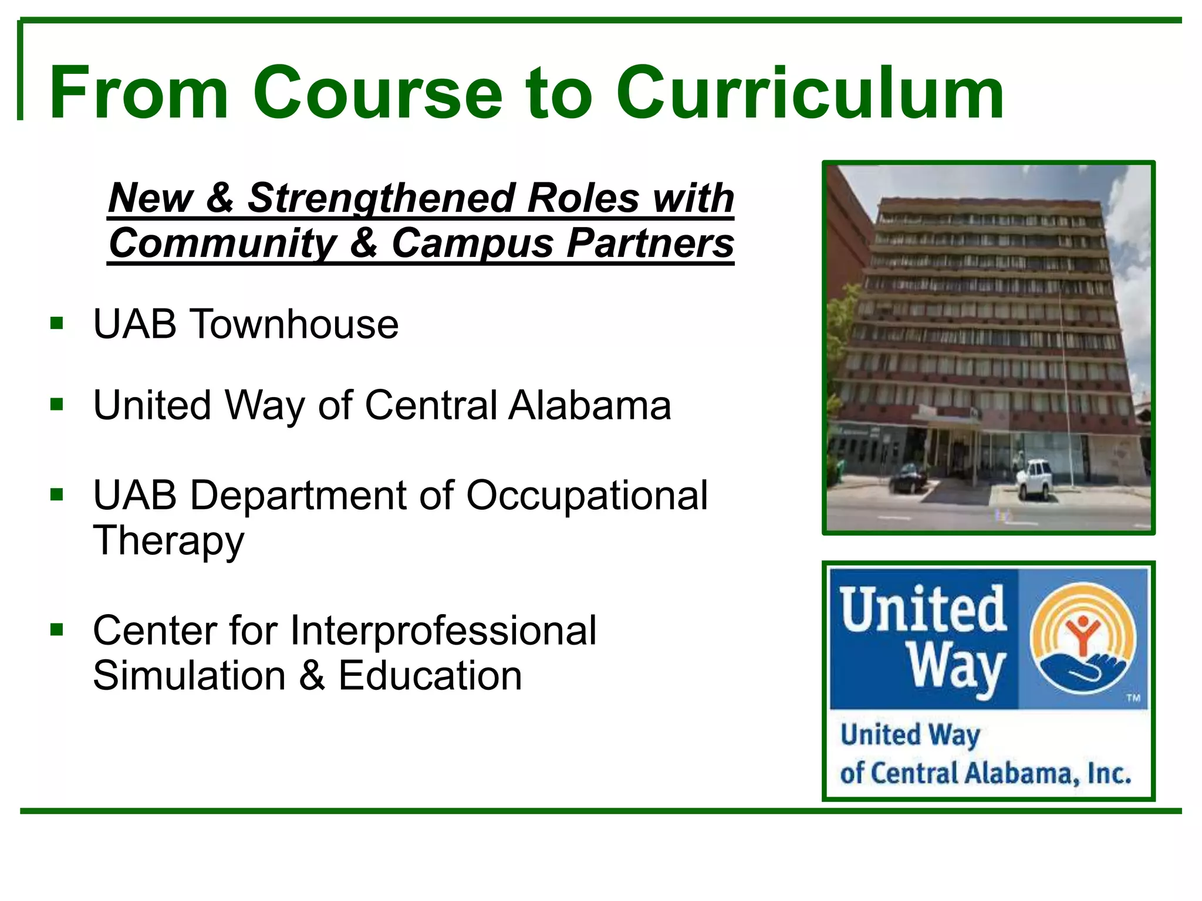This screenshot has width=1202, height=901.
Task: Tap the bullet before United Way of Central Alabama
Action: click(57, 405)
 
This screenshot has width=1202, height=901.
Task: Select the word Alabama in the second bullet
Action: click(589, 405)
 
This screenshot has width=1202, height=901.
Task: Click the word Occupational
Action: click(587, 496)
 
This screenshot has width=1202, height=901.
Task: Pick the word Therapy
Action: click(168, 541)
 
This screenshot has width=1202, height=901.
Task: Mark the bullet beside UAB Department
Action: click(57, 494)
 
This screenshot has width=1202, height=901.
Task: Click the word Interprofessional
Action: click(443, 631)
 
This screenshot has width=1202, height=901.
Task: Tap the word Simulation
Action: click(190, 676)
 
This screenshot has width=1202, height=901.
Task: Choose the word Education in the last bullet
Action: click(430, 676)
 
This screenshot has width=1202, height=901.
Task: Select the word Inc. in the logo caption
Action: click(1109, 774)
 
